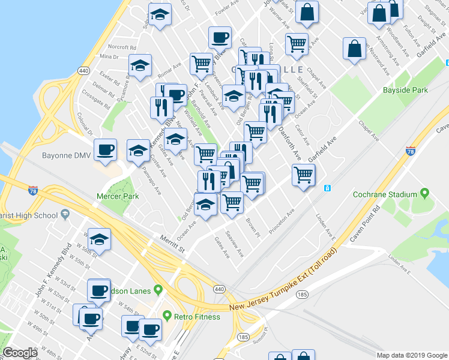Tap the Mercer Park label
coord(118,196)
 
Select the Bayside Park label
coord(405,90)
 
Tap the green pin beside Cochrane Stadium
coord(425,194)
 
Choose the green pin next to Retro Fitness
coord(167,316)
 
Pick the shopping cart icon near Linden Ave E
coord(304,175)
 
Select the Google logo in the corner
coord(20,353)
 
